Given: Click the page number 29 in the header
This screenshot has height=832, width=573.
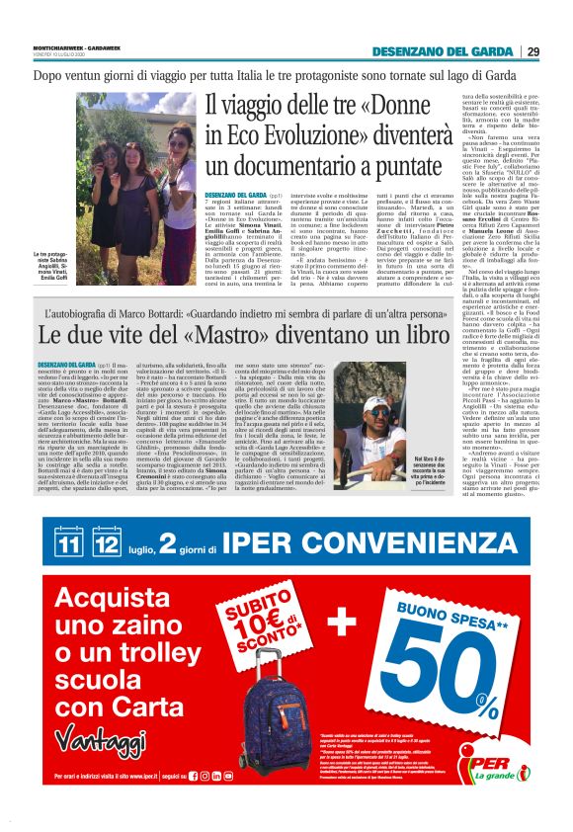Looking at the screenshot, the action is point(532,51).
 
